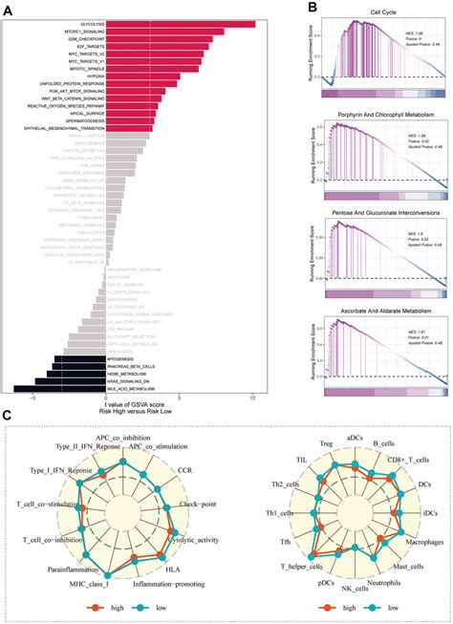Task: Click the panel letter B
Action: (x=313, y=8)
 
